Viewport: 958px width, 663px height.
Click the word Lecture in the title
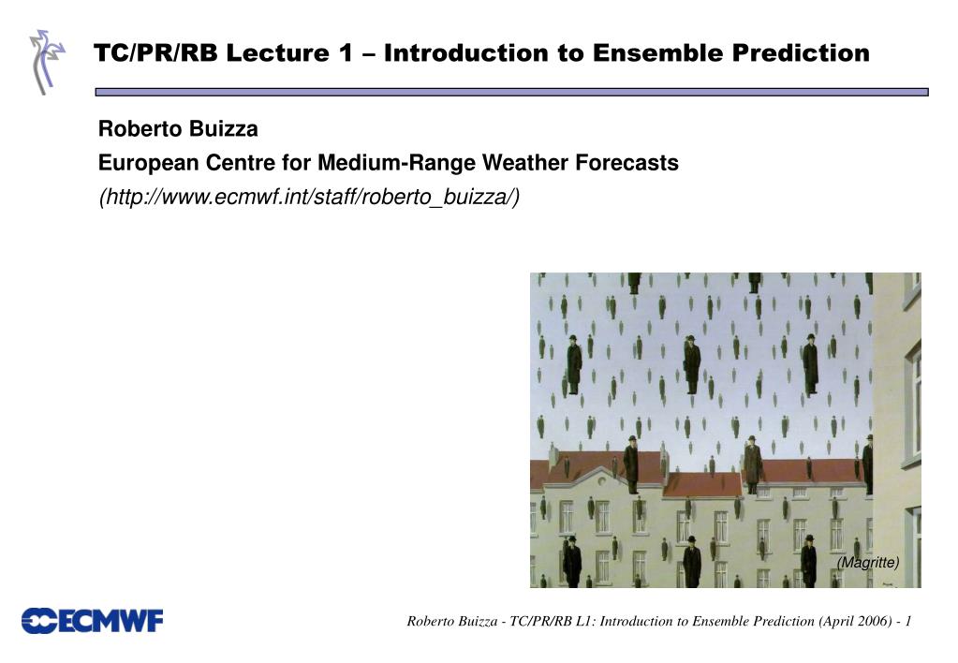point(278,53)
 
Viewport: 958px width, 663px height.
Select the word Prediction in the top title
point(801,53)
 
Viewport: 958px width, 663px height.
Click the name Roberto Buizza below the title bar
point(179,129)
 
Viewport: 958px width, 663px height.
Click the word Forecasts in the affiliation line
point(626,163)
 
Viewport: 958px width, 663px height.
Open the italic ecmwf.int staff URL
point(309,198)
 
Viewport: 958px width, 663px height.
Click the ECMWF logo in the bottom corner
point(93,621)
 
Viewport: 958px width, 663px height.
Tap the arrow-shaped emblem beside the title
point(47,62)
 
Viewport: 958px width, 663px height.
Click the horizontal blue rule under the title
point(511,93)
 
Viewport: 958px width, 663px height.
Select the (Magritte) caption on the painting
point(868,562)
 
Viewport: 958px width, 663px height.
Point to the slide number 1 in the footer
point(908,622)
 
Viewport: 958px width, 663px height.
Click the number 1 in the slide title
point(346,53)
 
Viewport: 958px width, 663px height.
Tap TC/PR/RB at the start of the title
point(155,53)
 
